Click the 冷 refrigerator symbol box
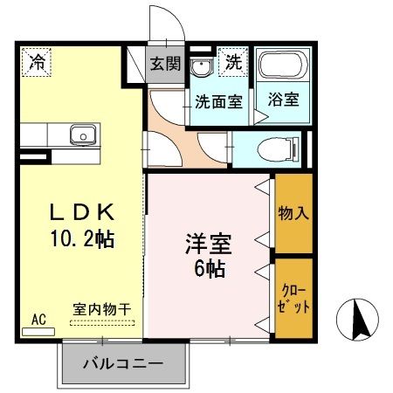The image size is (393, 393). pyautogui.click(x=37, y=63)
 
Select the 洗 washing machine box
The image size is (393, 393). pyautogui.click(x=233, y=63)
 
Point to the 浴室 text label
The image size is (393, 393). pyautogui.click(x=283, y=99)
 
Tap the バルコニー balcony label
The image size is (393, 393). pyautogui.click(x=124, y=362)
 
